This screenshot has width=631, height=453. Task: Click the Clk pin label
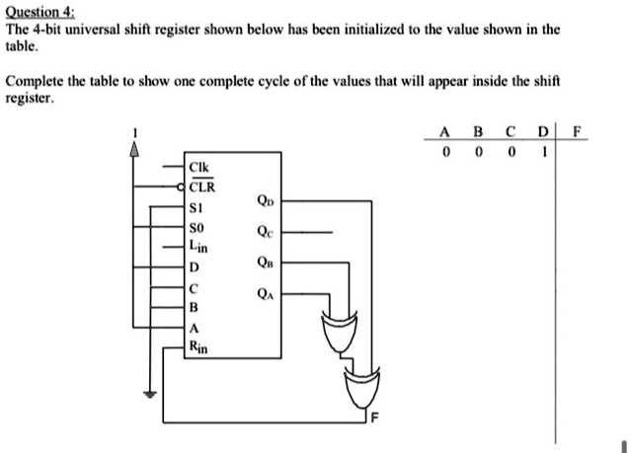point(200,167)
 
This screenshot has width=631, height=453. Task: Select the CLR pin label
point(201,186)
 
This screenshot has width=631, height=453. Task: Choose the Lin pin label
point(199,248)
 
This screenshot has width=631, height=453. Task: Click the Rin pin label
point(199,346)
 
